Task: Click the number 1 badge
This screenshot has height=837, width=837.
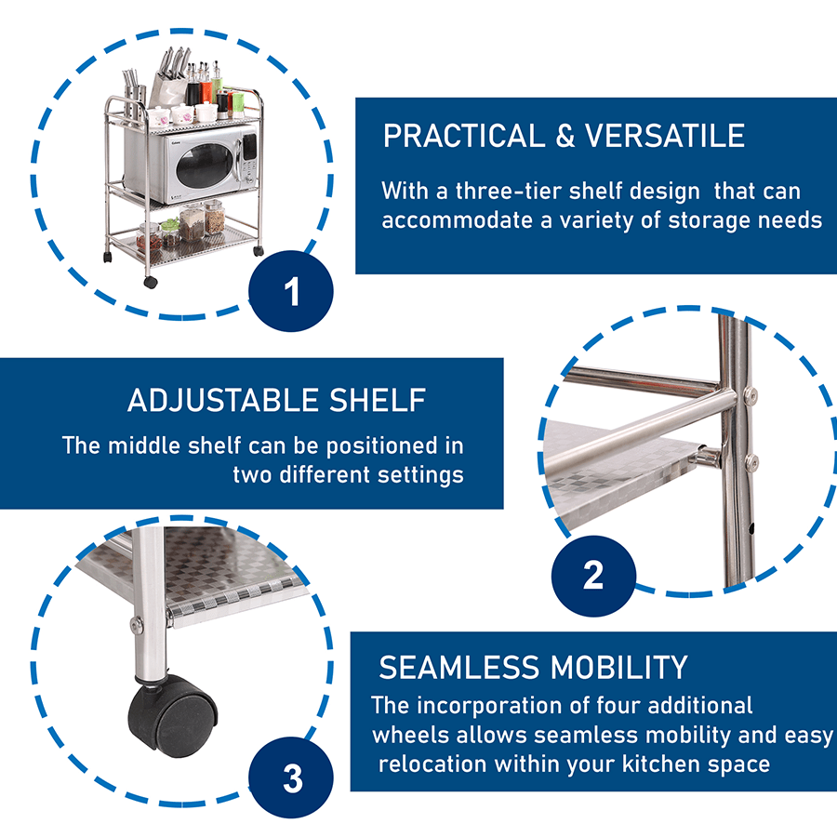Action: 292,291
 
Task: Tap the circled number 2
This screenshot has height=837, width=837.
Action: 592,575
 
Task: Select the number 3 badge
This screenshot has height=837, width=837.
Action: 292,777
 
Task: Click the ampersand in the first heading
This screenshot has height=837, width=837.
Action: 565,136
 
